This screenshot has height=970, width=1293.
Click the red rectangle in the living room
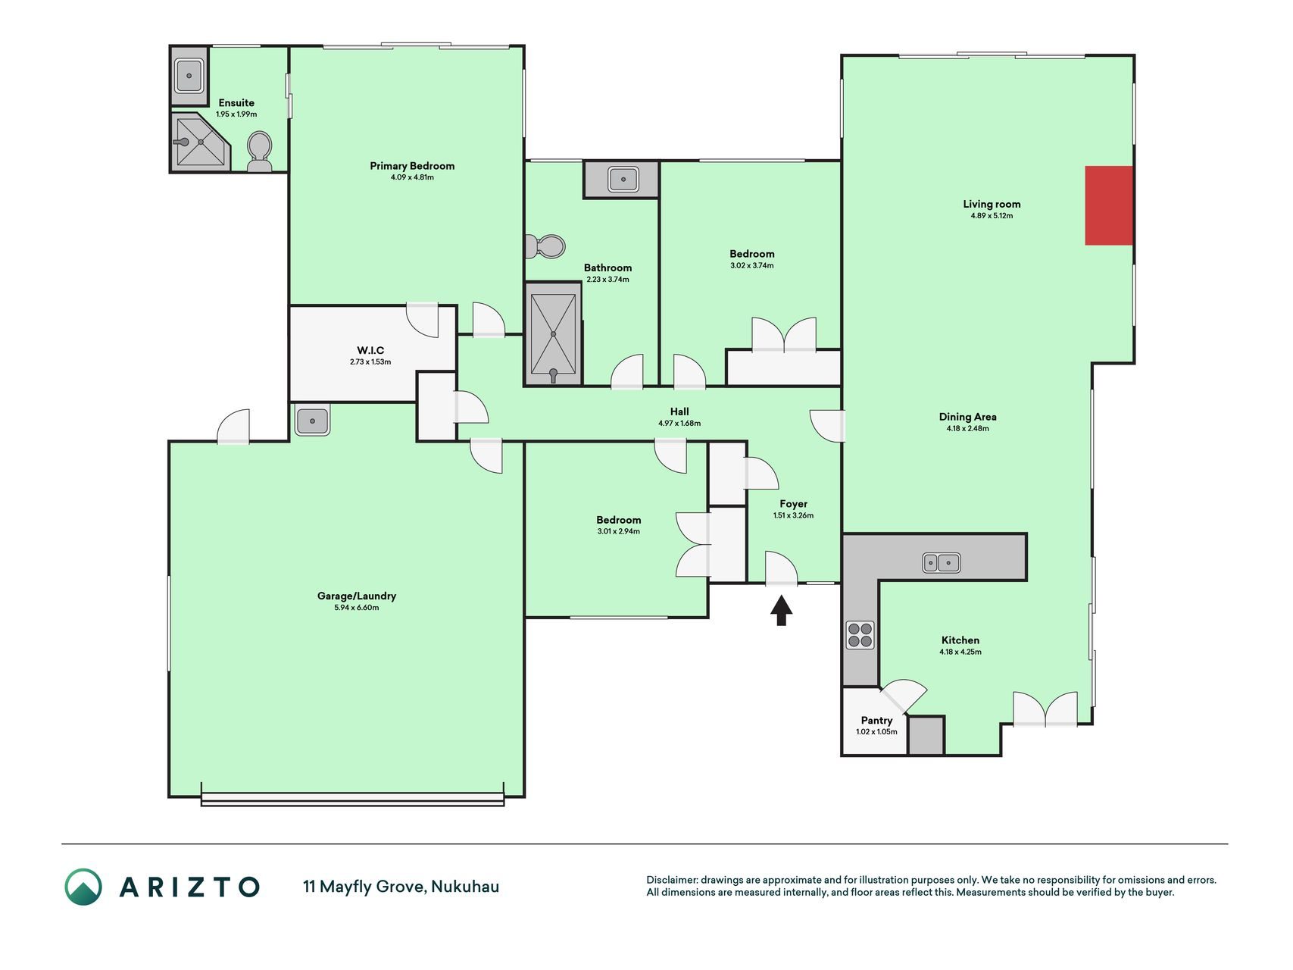click(x=1109, y=205)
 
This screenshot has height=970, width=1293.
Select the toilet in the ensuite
click(x=260, y=152)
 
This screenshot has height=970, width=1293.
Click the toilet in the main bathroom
click(x=545, y=246)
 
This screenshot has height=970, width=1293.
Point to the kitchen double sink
click(x=942, y=563)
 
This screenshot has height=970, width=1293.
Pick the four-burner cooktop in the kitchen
click(x=860, y=635)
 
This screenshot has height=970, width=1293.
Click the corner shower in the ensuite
click(x=199, y=142)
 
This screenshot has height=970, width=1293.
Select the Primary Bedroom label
click(x=412, y=166)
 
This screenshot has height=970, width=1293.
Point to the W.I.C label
click(x=370, y=350)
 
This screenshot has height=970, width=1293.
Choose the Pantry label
click(x=876, y=721)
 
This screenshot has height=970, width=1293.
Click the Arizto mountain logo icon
click(x=83, y=887)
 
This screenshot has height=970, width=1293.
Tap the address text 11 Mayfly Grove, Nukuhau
click(x=401, y=887)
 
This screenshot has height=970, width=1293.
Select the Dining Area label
click(x=967, y=417)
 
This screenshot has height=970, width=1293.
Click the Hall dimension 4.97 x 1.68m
click(x=679, y=424)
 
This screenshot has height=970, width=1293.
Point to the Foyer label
click(x=794, y=504)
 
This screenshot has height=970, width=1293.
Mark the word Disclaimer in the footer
click(x=671, y=881)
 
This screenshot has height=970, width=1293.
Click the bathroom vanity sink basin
click(x=623, y=180)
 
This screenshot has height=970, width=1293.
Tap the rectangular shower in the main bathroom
click(x=553, y=334)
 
